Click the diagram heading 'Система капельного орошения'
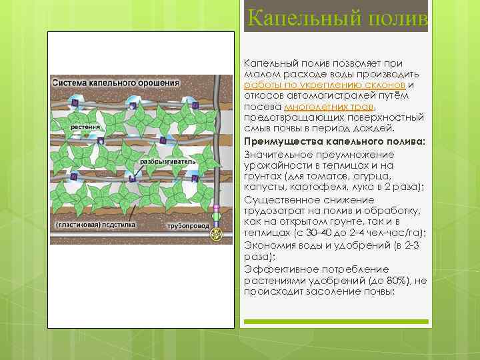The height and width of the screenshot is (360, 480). (116, 83)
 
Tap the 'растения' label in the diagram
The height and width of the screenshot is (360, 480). (69, 126)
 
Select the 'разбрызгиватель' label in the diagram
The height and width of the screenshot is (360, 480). (167, 162)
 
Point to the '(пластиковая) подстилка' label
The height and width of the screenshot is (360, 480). (95, 225)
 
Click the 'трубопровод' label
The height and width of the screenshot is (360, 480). (189, 226)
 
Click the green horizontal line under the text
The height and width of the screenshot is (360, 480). (336, 322)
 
